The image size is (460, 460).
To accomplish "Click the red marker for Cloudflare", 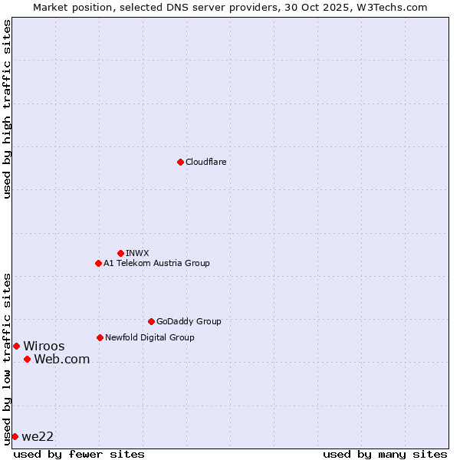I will pyautogui.click(x=180, y=162).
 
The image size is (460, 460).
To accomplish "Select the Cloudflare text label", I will pyautogui.click(x=205, y=162).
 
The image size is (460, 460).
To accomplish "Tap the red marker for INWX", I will pyautogui.click(x=120, y=253).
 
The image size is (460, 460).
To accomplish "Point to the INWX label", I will pyautogui.click(x=137, y=253).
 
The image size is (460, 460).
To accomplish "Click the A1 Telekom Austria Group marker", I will pyautogui.click(x=98, y=263).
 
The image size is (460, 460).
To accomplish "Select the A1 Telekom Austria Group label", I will pyautogui.click(x=156, y=263).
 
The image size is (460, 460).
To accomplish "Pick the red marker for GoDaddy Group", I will pyautogui.click(x=151, y=321).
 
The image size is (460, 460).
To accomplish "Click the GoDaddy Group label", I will pyautogui.click(x=188, y=321).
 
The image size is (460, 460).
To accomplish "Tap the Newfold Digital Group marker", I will pyautogui.click(x=100, y=337).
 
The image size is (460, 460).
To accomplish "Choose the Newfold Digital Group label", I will pyautogui.click(x=149, y=337).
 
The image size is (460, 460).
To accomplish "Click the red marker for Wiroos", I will pyautogui.click(x=16, y=346).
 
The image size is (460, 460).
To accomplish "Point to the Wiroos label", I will pyautogui.click(x=44, y=346).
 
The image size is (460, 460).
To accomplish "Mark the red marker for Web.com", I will pyautogui.click(x=27, y=359).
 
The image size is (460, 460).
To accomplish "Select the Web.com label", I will pyautogui.click(x=61, y=359).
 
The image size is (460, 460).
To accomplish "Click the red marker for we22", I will pyautogui.click(x=15, y=436).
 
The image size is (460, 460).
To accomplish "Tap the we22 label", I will pyautogui.click(x=38, y=436).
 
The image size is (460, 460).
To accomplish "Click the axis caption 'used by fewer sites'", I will pyautogui.click(x=79, y=454).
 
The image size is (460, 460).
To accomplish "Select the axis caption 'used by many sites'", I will pyautogui.click(x=385, y=454).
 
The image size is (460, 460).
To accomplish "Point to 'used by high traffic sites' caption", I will pyautogui.click(x=7, y=109).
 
